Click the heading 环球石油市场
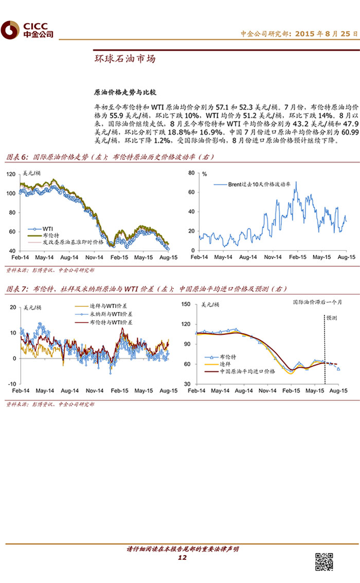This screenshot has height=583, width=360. tap(124, 59)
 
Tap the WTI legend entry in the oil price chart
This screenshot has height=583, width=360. tap(48, 227)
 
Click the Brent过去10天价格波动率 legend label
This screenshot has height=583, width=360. tap(257, 184)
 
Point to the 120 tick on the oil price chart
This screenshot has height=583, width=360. tap(10, 174)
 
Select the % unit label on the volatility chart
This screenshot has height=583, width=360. tap(204, 174)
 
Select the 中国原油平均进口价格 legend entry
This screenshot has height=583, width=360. tap(247, 370)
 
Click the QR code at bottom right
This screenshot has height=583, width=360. tap(323, 561)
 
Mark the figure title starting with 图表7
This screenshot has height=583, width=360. tap(147, 289)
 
